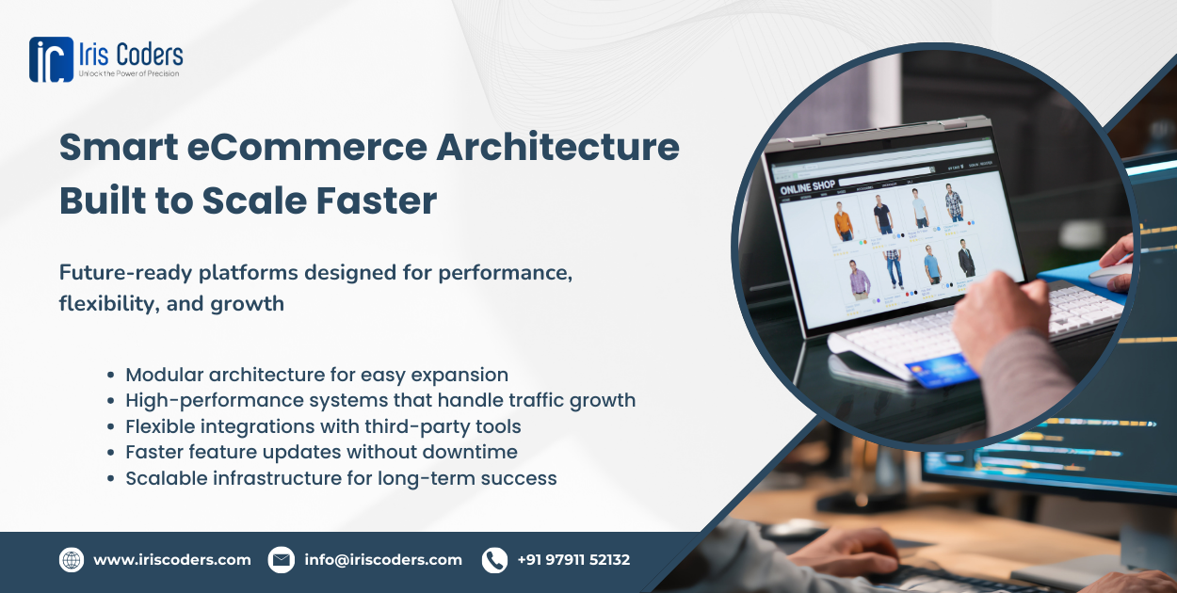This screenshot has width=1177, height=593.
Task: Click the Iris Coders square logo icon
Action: tap(51, 59)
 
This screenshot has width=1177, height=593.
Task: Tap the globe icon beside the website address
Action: tap(72, 560)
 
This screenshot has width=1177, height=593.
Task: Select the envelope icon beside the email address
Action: tap(281, 560)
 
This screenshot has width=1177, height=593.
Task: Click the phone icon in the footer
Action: tap(494, 560)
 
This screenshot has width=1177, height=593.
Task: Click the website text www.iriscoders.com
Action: tap(172, 560)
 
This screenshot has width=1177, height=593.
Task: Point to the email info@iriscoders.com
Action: tap(383, 560)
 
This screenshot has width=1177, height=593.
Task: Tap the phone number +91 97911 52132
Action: tap(573, 560)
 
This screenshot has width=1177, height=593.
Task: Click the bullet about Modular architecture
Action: tap(316, 375)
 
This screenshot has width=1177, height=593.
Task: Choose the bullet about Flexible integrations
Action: tap(323, 426)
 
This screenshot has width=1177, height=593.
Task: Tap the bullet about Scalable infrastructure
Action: tap(341, 478)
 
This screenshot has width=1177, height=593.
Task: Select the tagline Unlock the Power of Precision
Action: tap(128, 73)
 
